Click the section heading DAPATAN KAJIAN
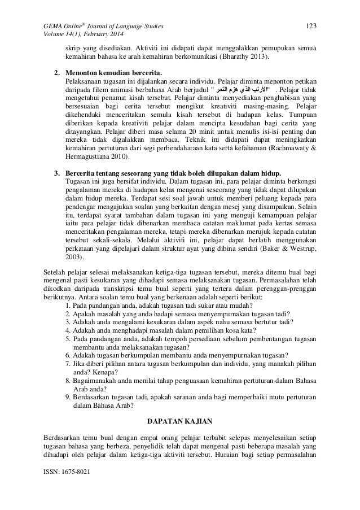(x=179, y=421)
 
